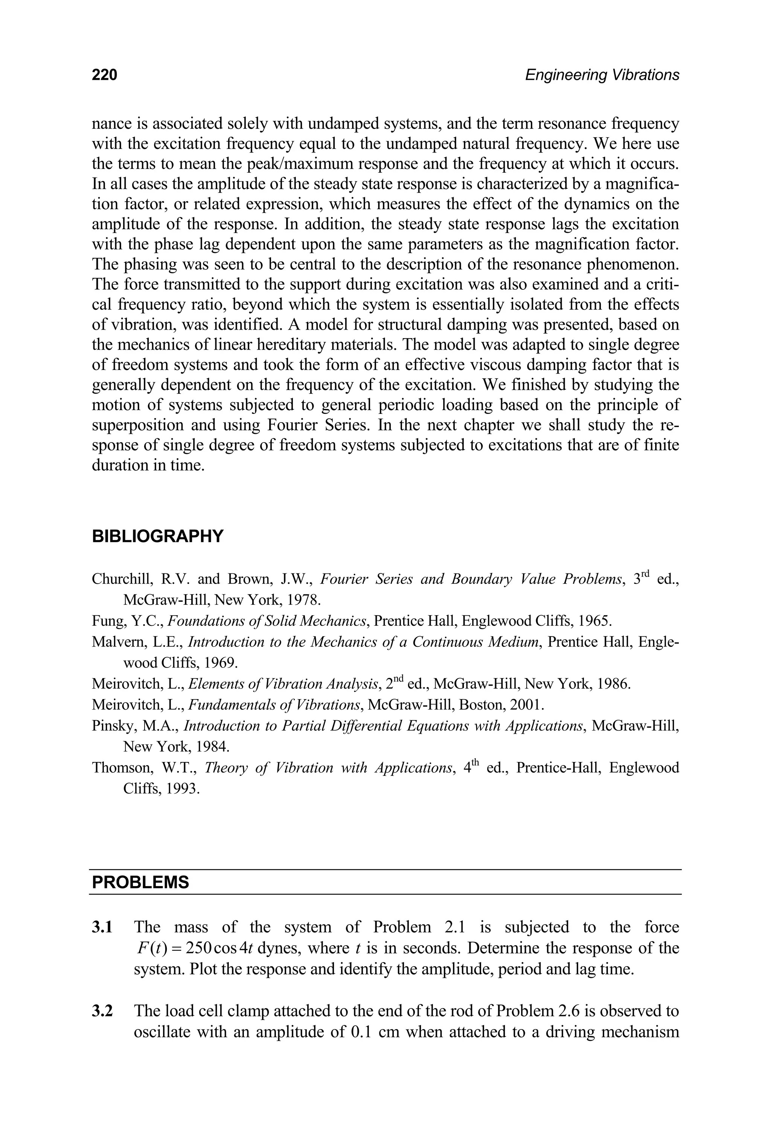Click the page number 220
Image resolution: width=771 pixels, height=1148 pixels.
(104, 75)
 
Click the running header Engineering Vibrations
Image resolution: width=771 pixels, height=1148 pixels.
(602, 75)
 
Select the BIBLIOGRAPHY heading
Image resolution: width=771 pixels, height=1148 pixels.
(157, 536)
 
